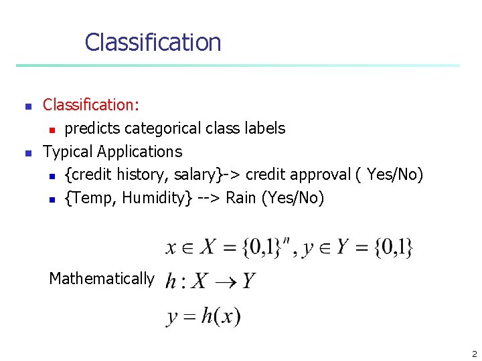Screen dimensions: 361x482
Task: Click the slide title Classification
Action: [x=153, y=42]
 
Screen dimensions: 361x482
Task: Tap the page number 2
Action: [x=474, y=354]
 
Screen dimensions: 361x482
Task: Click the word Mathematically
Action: [x=102, y=279]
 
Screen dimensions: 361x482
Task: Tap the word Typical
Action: [x=68, y=152]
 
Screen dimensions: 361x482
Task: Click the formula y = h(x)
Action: [x=204, y=316]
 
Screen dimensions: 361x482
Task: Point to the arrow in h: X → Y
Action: [x=224, y=281]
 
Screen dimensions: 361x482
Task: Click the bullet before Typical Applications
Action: [x=27, y=153]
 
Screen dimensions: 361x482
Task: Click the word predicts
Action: [x=90, y=128]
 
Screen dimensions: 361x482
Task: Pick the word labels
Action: [x=265, y=128]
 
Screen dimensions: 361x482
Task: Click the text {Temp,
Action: [x=90, y=198]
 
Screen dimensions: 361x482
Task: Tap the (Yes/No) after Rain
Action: [x=294, y=198]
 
